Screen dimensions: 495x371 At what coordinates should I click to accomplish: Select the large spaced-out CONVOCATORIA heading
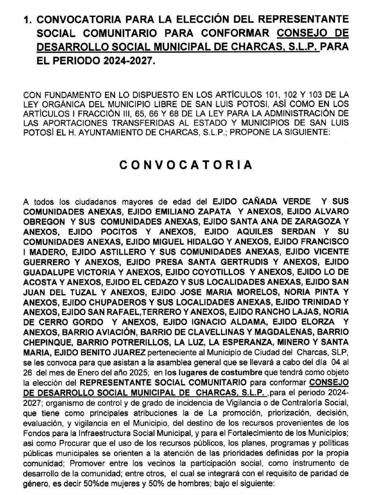click(185, 165)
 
